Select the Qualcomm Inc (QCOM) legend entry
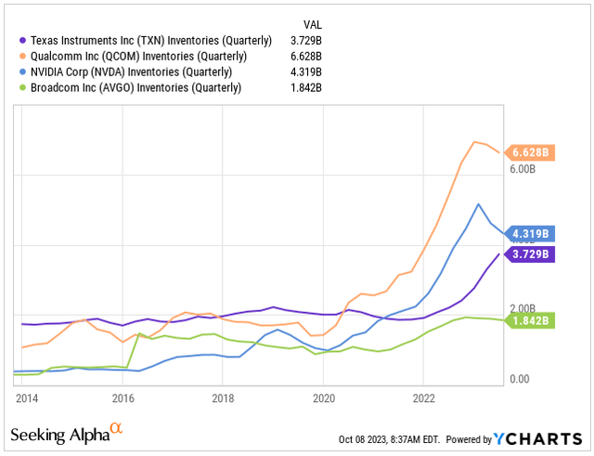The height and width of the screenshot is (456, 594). click(x=144, y=57)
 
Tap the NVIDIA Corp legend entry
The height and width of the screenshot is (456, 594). click(x=135, y=72)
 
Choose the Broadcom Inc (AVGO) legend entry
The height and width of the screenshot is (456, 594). click(x=136, y=88)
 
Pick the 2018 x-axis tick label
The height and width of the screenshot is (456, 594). click(x=223, y=397)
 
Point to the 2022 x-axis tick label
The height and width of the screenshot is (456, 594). click(x=423, y=397)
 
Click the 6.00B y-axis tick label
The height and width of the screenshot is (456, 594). click(x=523, y=169)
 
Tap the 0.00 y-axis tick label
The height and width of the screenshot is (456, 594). click(x=521, y=379)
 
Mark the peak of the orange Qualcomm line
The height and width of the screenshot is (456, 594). click(x=474, y=142)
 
